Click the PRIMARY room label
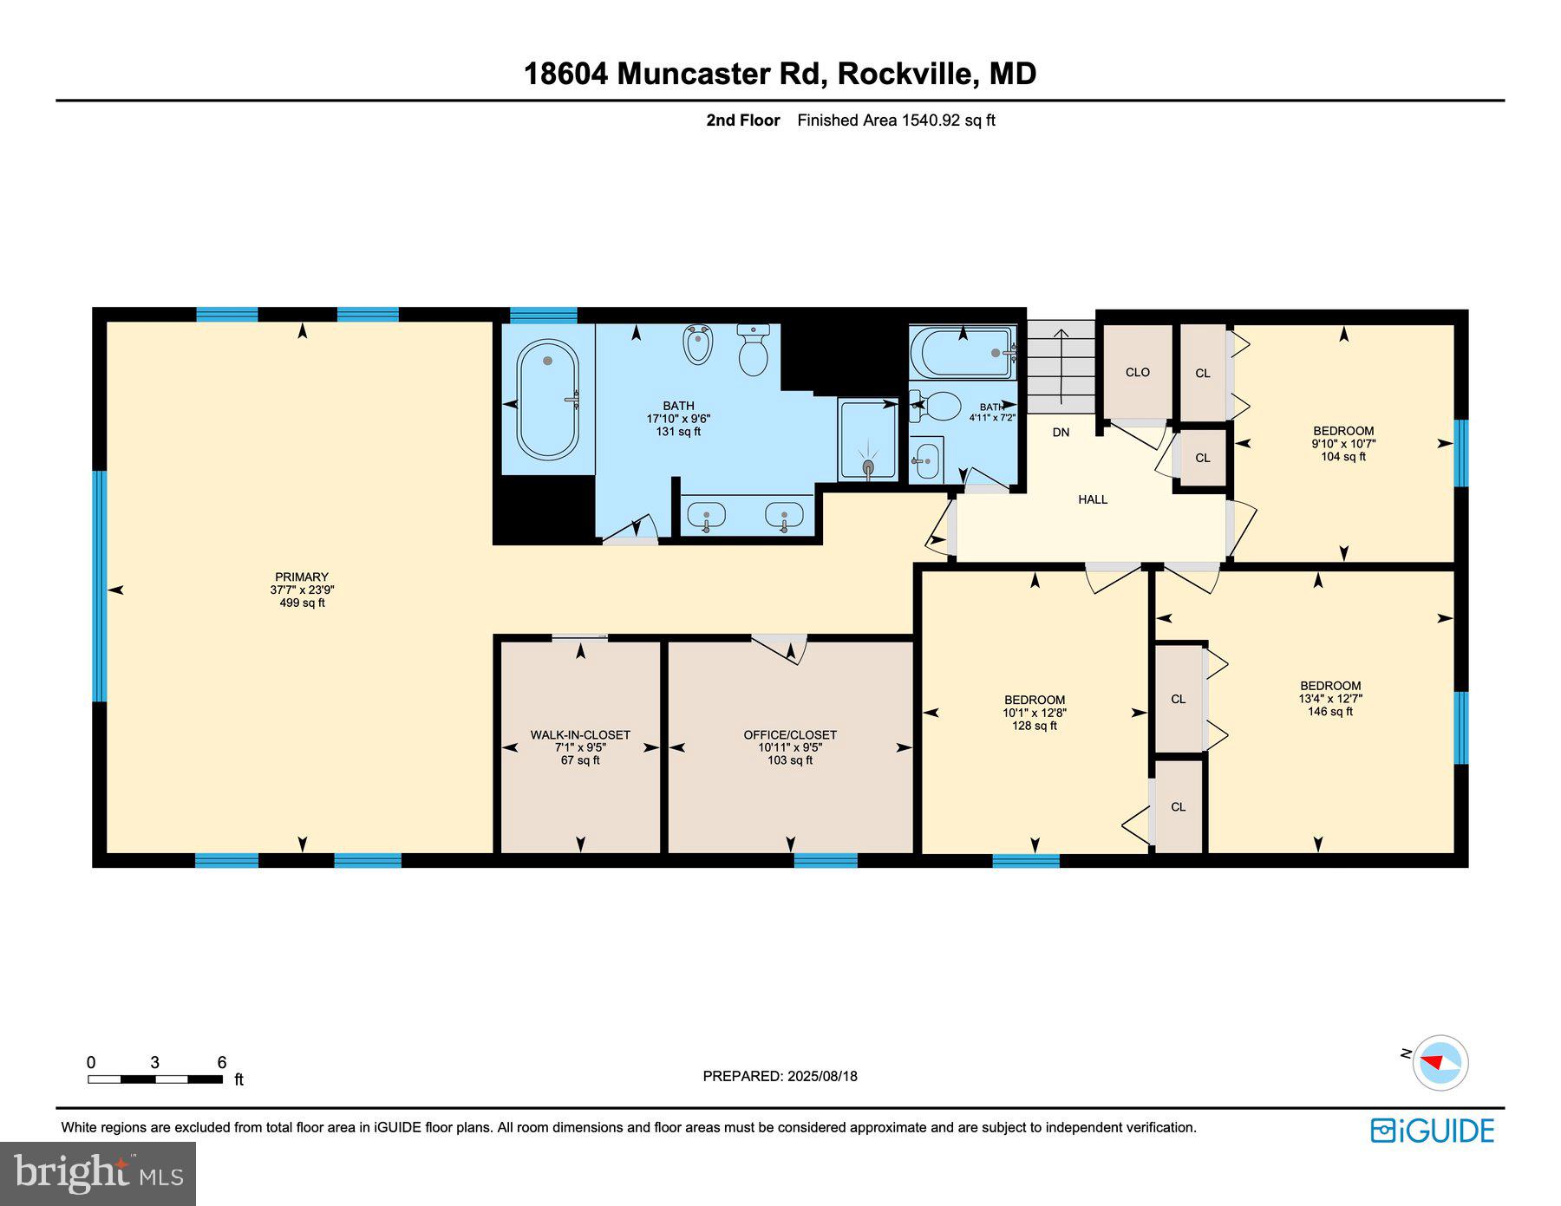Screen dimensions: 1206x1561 pyautogui.click(x=302, y=577)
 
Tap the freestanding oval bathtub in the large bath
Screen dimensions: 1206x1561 pyautogui.click(x=547, y=400)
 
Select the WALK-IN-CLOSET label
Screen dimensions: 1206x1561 pyautogui.click(x=580, y=734)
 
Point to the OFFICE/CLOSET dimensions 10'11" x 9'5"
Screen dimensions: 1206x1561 pyautogui.click(x=789, y=747)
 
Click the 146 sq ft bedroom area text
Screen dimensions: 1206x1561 pyautogui.click(x=1329, y=712)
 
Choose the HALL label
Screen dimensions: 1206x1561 pyautogui.click(x=1093, y=499)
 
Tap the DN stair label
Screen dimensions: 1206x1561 pyautogui.click(x=1061, y=432)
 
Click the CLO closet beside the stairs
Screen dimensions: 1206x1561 pyautogui.click(x=1137, y=372)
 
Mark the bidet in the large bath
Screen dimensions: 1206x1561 pyautogui.click(x=698, y=344)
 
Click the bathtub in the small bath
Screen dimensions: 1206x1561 pyautogui.click(x=963, y=353)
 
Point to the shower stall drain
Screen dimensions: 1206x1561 pyautogui.click(x=868, y=467)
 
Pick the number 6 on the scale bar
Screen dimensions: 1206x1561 pyautogui.click(x=222, y=1062)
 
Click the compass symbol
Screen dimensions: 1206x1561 pyautogui.click(x=1440, y=1062)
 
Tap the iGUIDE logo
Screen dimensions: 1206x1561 pyautogui.click(x=1432, y=1131)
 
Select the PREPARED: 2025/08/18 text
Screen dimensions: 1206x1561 pyautogui.click(x=780, y=1076)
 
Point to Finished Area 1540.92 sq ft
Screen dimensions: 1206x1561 pyautogui.click(x=896, y=121)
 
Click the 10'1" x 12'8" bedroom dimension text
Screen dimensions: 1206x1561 pyautogui.click(x=1034, y=713)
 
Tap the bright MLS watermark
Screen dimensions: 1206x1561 pyautogui.click(x=98, y=1174)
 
